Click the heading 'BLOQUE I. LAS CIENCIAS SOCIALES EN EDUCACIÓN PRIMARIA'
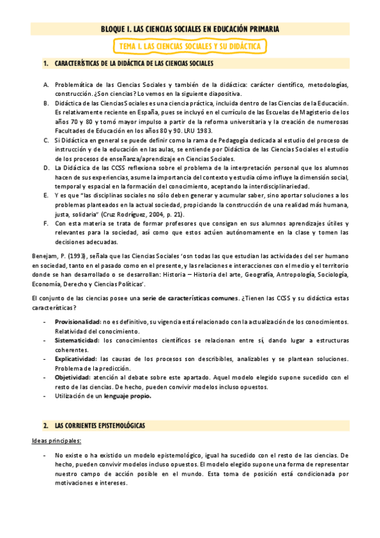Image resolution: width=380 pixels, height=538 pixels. click(x=190, y=29)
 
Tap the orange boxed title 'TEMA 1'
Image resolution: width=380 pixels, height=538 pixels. click(x=190, y=46)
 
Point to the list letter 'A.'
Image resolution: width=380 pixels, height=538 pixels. click(x=46, y=84)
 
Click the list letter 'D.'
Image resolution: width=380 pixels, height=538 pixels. click(x=46, y=167)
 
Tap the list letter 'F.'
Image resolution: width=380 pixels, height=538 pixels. click(x=46, y=223)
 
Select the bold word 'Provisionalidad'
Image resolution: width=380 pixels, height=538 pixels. click(x=77, y=322)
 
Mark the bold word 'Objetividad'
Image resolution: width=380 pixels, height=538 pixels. click(x=72, y=377)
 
